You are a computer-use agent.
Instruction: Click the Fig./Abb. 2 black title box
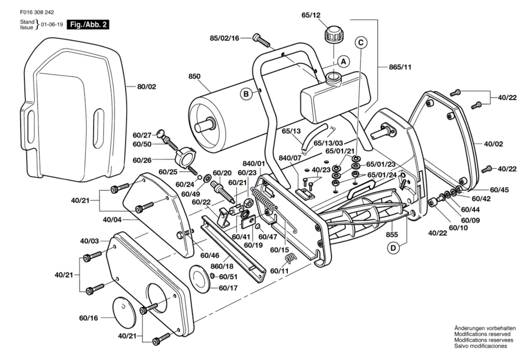(x=88, y=25)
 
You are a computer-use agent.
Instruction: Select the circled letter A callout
(x=344, y=62)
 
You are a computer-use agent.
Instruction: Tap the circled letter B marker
(x=246, y=94)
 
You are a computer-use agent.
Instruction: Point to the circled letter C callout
(x=361, y=43)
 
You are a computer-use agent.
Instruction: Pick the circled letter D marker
(x=393, y=248)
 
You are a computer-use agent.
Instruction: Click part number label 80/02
(x=146, y=87)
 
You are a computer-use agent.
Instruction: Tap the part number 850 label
(x=194, y=76)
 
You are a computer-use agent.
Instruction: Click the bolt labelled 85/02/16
(x=261, y=41)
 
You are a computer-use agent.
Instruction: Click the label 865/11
(x=400, y=67)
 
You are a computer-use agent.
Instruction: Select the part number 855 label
(x=392, y=234)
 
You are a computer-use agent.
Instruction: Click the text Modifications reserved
(x=482, y=334)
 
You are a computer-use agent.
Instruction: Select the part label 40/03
(x=89, y=241)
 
